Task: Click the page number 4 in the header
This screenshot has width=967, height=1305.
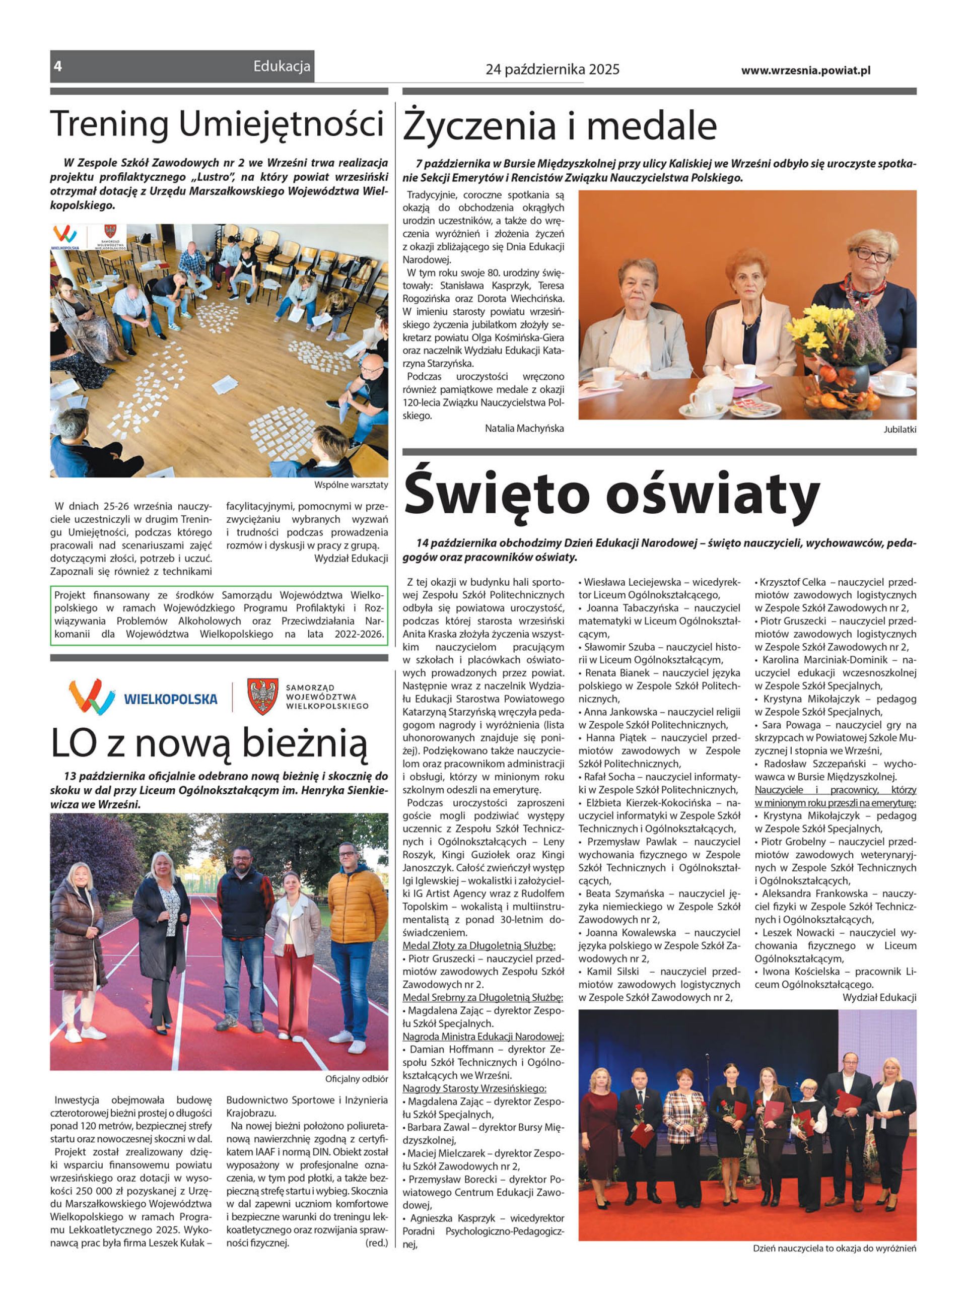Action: (57, 66)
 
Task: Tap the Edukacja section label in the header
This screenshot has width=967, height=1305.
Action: (282, 66)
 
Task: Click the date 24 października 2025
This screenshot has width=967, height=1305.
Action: (552, 70)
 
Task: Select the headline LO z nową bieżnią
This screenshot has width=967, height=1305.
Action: (209, 742)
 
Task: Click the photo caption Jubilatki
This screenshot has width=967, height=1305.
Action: (900, 430)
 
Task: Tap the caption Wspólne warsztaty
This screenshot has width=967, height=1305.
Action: (351, 485)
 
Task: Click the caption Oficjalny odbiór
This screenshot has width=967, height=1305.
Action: (357, 1078)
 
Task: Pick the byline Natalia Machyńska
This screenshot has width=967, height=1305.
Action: (524, 428)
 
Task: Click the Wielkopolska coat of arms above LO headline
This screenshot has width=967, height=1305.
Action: (262, 697)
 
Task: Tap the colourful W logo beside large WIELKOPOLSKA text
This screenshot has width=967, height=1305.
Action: (91, 696)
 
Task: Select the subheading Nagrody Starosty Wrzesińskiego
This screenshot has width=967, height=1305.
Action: (474, 1088)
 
